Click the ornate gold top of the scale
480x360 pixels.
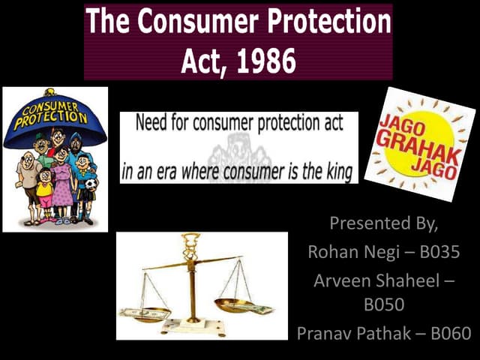[190, 244]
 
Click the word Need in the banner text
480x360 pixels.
[152, 123]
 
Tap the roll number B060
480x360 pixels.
[454, 333]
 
